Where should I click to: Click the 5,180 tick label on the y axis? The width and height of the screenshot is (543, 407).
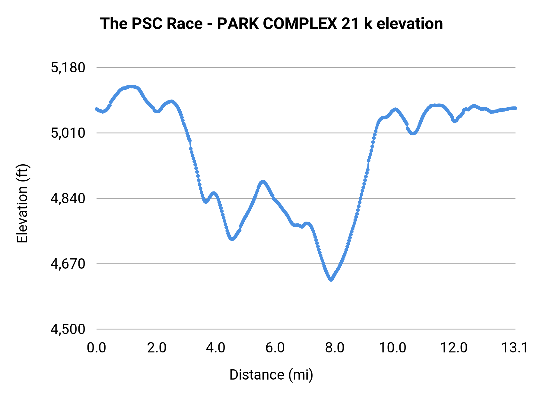pyautogui.click(x=68, y=68)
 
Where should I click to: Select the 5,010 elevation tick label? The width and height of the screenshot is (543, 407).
pyautogui.click(x=68, y=133)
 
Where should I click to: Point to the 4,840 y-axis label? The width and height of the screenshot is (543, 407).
pyautogui.click(x=68, y=198)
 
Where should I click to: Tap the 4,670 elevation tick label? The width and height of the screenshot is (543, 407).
pyautogui.click(x=68, y=264)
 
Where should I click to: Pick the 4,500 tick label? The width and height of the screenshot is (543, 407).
pyautogui.click(x=68, y=329)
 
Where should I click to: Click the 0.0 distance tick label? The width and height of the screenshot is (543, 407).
pyautogui.click(x=97, y=348)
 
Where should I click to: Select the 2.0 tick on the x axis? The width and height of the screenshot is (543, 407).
pyautogui.click(x=157, y=348)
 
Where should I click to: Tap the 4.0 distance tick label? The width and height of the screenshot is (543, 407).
pyautogui.click(x=216, y=348)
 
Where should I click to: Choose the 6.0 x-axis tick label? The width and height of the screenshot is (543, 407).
pyautogui.click(x=275, y=348)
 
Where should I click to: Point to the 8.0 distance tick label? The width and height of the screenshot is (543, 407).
pyautogui.click(x=335, y=348)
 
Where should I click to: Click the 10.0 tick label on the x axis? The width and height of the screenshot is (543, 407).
pyautogui.click(x=392, y=348)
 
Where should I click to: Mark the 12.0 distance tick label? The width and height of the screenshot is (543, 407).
pyautogui.click(x=454, y=348)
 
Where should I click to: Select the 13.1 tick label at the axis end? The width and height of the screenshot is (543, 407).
pyautogui.click(x=515, y=348)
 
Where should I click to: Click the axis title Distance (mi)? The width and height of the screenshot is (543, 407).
pyautogui.click(x=271, y=375)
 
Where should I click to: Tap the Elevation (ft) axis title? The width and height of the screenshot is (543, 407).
pyautogui.click(x=22, y=203)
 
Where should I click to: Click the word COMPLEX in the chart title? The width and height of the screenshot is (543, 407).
pyautogui.click(x=300, y=24)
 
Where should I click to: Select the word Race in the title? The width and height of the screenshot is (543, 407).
pyautogui.click(x=185, y=24)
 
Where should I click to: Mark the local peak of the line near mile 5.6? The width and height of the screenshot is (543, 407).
pyautogui.click(x=263, y=182)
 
